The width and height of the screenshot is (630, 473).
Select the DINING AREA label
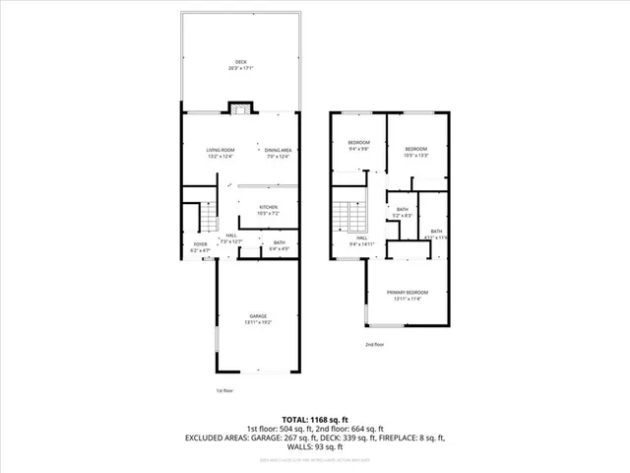pyautogui.click(x=279, y=150)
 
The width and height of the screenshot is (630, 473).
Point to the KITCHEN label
pyautogui.click(x=269, y=207)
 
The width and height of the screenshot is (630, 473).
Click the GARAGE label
pyautogui.click(x=257, y=315)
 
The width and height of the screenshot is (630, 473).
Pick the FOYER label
pyautogui.click(x=200, y=244)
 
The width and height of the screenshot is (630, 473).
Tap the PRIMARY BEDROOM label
pyautogui.click(x=407, y=293)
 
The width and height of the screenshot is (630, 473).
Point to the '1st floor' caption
pyautogui.click(x=225, y=391)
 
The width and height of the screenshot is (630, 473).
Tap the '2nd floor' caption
pyautogui.click(x=374, y=344)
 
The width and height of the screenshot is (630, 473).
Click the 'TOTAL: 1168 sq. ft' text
pyautogui.click(x=315, y=419)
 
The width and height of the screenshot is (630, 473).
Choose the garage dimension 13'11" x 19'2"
pyautogui.click(x=257, y=322)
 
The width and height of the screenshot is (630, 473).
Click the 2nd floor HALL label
pyautogui.click(x=361, y=237)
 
